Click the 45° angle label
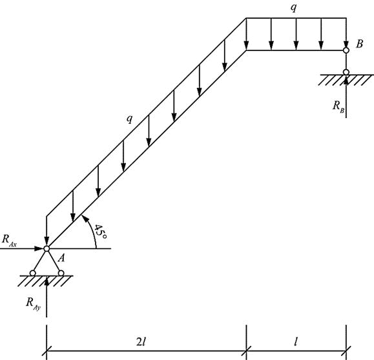click(x=100, y=232)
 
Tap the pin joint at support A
click(x=47, y=248)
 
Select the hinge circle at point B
click(x=346, y=50)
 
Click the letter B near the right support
click(x=359, y=44)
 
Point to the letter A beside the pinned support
click(x=61, y=258)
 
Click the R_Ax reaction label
click(x=9, y=240)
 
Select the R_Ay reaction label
click(x=33, y=303)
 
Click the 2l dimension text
click(x=141, y=342)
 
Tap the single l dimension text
click(x=296, y=342)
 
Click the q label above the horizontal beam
click(x=294, y=8)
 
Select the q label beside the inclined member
click(x=129, y=119)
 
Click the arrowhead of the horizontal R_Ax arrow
click(x=39, y=248)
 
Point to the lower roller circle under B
click(x=346, y=72)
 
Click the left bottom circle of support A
click(x=33, y=273)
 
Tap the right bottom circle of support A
click(x=61, y=273)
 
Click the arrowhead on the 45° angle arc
click(x=84, y=218)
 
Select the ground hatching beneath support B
click(x=346, y=80)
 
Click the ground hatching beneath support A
click(x=46, y=281)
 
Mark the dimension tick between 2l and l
click(x=247, y=350)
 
